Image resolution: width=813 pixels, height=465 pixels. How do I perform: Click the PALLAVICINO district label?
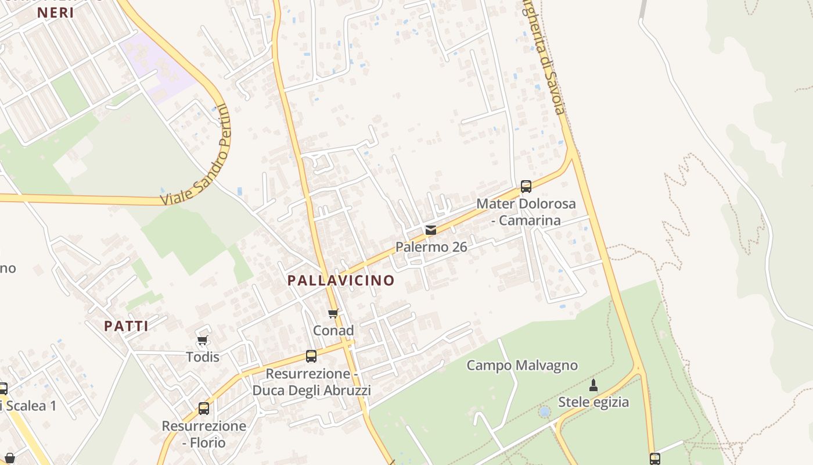click(341, 281)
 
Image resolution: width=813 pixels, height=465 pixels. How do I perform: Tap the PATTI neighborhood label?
click(126, 326)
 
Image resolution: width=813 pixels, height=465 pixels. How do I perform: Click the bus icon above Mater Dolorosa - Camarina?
click(526, 187)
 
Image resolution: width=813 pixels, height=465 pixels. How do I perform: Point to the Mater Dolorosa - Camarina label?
click(526, 212)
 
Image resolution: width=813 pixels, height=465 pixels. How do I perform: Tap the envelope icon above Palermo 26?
click(430, 230)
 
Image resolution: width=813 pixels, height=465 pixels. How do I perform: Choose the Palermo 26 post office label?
click(431, 247)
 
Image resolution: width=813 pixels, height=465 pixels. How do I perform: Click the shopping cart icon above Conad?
click(333, 314)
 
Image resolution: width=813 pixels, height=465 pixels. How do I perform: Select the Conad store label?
click(333, 330)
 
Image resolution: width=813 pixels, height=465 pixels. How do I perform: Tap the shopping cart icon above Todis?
click(203, 340)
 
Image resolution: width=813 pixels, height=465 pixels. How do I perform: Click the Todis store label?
click(203, 356)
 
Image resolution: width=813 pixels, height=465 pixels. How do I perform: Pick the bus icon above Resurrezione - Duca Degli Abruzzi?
click(311, 356)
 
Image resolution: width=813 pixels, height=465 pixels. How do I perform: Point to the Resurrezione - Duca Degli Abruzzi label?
click(311, 381)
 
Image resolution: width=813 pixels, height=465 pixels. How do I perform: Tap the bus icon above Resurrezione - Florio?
click(204, 409)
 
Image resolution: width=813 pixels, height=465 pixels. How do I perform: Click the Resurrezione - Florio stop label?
click(204, 434)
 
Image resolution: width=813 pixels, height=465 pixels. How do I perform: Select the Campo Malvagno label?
click(522, 366)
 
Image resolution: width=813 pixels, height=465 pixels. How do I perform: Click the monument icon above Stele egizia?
click(593, 385)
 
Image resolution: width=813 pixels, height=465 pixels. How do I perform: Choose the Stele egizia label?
click(593, 402)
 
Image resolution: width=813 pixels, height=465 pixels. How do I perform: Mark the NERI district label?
click(56, 13)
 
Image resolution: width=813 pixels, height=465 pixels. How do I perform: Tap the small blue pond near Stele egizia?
click(544, 412)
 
